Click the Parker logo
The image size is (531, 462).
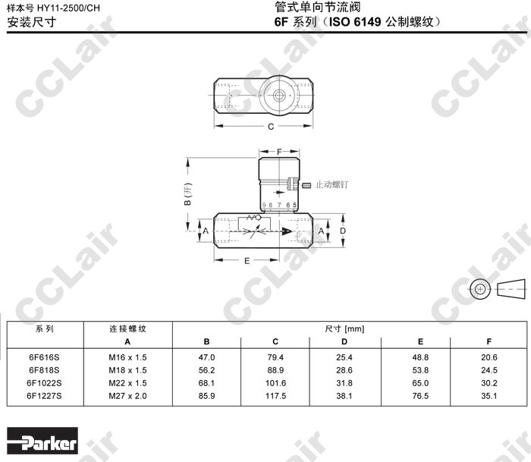click(42, 441)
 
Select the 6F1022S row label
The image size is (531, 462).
click(44, 383)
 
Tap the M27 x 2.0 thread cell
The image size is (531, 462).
click(127, 396)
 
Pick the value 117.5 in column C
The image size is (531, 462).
click(275, 396)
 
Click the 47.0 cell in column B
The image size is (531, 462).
click(206, 357)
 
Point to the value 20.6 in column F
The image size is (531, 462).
click(489, 357)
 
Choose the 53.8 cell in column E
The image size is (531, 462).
click(420, 370)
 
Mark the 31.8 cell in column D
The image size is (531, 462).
click(344, 383)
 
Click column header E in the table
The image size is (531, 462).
click(420, 341)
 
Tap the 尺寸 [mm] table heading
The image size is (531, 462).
click(344, 328)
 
